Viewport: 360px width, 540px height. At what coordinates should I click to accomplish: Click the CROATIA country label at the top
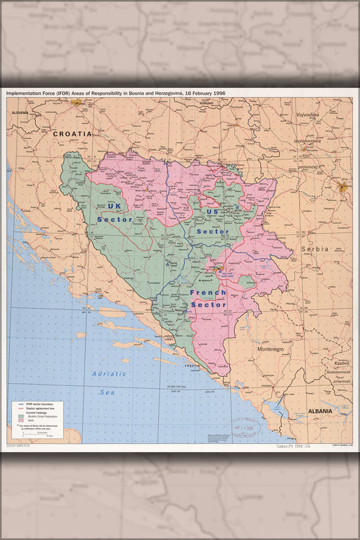72,133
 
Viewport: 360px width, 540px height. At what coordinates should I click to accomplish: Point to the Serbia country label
314,249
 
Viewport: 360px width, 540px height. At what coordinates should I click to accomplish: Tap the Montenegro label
269,349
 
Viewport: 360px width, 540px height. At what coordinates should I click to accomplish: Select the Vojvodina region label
307,115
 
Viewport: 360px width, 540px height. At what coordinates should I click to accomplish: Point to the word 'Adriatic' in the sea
109,373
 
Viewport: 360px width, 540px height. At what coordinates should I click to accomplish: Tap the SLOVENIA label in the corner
19,112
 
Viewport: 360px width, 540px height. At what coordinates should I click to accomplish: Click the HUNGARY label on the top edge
206,103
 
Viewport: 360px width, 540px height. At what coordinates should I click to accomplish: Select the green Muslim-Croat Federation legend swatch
22,416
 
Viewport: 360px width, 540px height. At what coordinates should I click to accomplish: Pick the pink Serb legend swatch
22,420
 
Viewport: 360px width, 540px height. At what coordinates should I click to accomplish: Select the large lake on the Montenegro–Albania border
276,407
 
